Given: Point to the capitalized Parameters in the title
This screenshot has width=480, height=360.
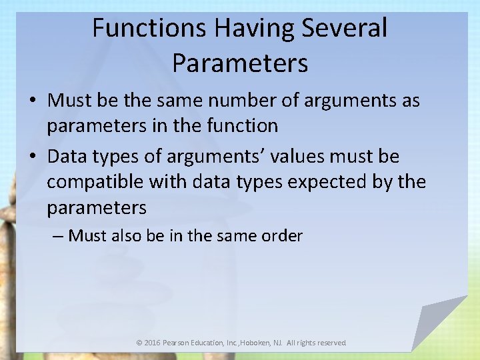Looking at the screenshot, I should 240,63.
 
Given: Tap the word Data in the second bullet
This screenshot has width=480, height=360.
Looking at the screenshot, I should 68,157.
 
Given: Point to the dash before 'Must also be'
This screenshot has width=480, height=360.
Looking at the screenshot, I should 58,236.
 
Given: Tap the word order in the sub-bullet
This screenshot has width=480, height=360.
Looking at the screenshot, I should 282,235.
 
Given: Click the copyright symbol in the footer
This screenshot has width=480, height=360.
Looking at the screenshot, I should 139,343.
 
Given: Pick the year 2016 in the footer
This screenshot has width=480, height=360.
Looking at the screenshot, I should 153,343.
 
